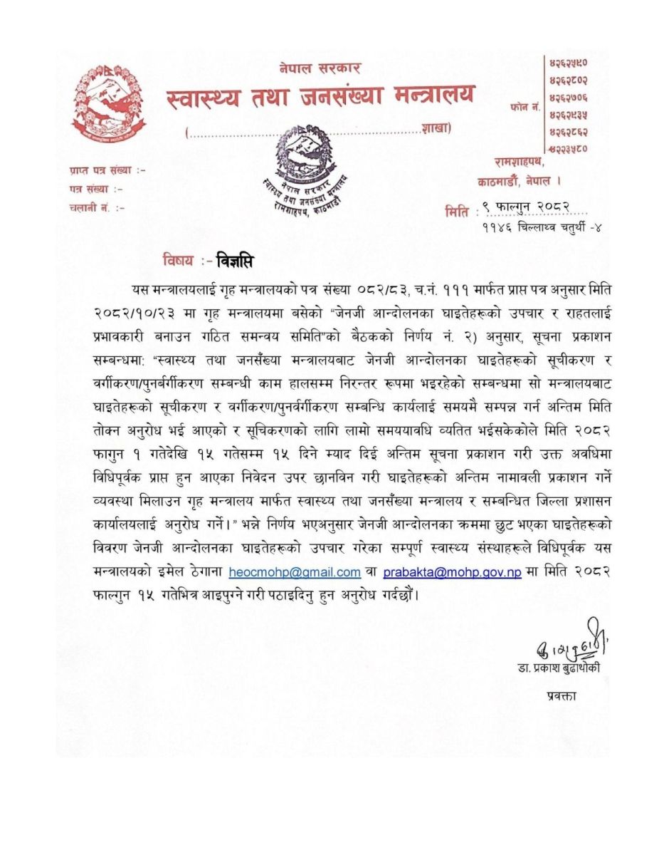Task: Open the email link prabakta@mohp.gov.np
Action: (452, 572)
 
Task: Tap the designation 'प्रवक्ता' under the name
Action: (562, 695)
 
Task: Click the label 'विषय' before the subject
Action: (178, 261)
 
